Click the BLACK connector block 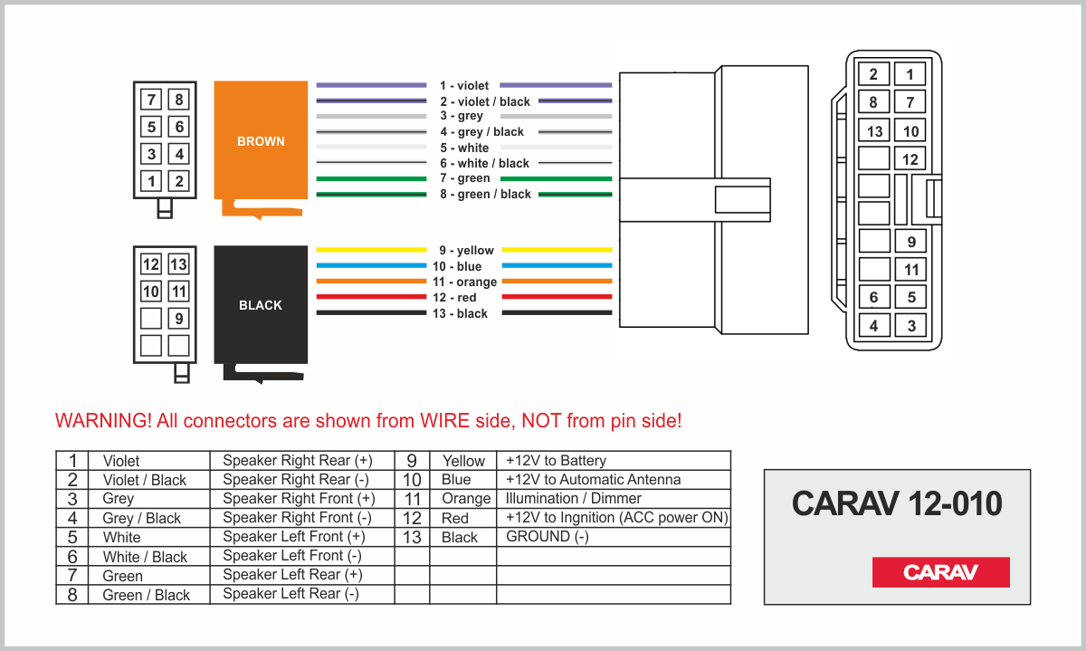pyautogui.click(x=261, y=304)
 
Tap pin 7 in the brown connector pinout pyautogui.click(x=152, y=100)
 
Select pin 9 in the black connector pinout pyautogui.click(x=179, y=319)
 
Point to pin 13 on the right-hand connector pyautogui.click(x=874, y=131)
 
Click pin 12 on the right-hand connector pyautogui.click(x=910, y=159)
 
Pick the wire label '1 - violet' pyautogui.click(x=463, y=86)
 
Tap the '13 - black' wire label pyautogui.click(x=463, y=314)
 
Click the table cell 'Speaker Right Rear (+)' pyautogui.click(x=298, y=460)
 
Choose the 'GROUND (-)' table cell pyautogui.click(x=548, y=536)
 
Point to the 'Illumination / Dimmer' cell pyautogui.click(x=574, y=498)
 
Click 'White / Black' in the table pyautogui.click(x=145, y=557)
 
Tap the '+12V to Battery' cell pyautogui.click(x=557, y=460)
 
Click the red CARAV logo pyautogui.click(x=940, y=572)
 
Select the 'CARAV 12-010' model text pyautogui.click(x=897, y=504)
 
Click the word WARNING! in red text pyautogui.click(x=102, y=421)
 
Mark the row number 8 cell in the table pyautogui.click(x=72, y=595)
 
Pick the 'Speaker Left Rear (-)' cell pyautogui.click(x=291, y=594)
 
